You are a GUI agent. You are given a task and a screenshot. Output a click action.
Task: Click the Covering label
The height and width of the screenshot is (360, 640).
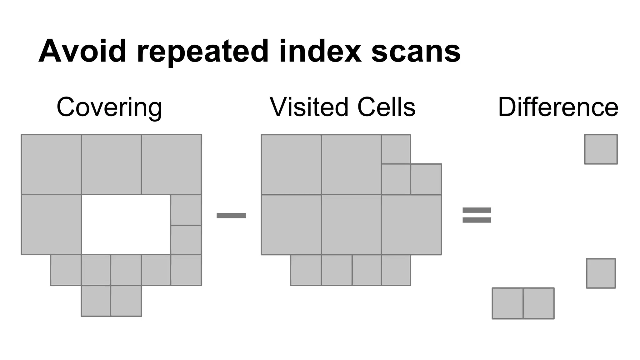point(109,107)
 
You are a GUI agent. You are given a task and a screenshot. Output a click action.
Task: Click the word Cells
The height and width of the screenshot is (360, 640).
point(386,107)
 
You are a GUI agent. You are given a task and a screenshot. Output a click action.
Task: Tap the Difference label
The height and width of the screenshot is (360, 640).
point(558,107)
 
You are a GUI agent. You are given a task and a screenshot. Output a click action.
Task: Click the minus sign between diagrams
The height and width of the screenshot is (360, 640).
point(231,215)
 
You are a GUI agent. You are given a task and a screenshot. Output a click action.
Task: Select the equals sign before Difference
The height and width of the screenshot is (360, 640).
point(477,215)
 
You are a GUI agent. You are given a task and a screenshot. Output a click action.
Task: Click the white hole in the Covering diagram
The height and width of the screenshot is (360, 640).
point(126,224)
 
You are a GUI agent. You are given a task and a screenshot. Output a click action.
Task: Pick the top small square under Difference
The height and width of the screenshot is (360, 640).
point(601,149)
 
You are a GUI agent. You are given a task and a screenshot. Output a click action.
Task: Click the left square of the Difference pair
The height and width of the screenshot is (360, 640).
point(507,303)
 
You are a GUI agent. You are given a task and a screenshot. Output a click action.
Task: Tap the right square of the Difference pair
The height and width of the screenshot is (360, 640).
point(538,303)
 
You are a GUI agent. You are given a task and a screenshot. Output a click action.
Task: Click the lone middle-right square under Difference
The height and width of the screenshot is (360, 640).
point(601,273)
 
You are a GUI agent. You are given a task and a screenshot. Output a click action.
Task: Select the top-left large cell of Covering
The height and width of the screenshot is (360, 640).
point(51,164)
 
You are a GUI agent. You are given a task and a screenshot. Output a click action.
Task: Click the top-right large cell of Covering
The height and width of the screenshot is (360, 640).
point(171,164)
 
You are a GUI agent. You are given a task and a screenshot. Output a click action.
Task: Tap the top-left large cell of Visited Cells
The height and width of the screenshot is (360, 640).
point(291,164)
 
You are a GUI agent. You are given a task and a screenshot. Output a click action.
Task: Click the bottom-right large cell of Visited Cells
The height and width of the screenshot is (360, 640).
point(411,225)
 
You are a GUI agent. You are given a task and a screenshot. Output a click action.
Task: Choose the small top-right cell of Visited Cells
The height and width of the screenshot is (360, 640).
point(396,149)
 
